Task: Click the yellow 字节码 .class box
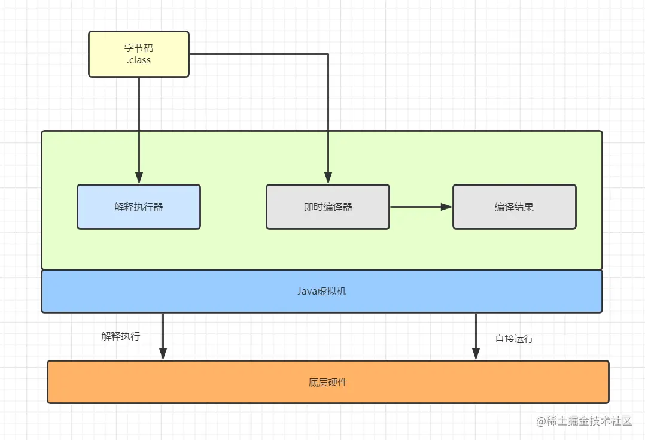139,54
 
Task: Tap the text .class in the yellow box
139,60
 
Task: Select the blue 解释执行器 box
139,207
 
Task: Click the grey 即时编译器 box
327,207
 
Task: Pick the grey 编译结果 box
514,207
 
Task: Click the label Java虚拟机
322,292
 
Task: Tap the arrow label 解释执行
121,336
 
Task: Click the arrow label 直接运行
514,339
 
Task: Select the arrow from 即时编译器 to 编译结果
419,207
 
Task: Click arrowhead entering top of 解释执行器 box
139,178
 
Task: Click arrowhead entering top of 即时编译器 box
328,178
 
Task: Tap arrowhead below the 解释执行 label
163,355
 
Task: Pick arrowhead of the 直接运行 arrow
476,355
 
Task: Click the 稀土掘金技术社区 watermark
589,421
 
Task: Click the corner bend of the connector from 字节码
328,54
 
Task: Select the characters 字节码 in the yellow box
139,48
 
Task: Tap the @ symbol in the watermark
541,421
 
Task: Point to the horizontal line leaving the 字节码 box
257,54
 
